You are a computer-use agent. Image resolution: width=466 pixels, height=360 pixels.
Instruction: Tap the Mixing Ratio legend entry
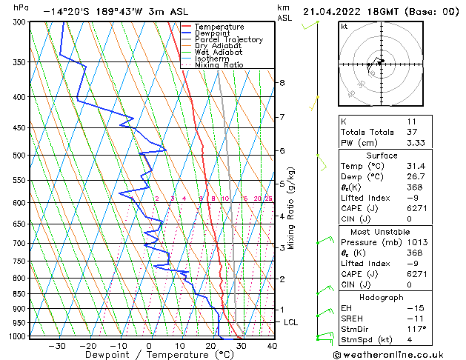click(x=223, y=65)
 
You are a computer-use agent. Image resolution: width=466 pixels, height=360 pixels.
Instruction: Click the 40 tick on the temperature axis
click(x=272, y=346)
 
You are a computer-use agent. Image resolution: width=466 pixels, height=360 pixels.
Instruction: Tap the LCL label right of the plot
click(x=291, y=322)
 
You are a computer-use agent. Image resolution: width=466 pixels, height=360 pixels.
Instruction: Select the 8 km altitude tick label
click(x=282, y=82)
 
